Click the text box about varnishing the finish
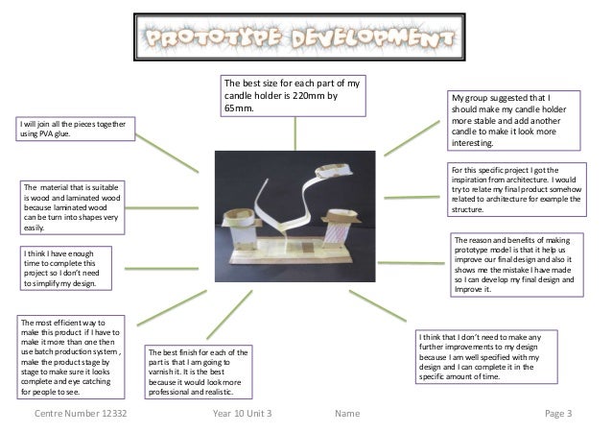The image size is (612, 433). click(x=199, y=373)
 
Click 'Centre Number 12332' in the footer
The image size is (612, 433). click(x=81, y=413)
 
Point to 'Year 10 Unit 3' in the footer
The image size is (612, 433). click(x=244, y=413)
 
